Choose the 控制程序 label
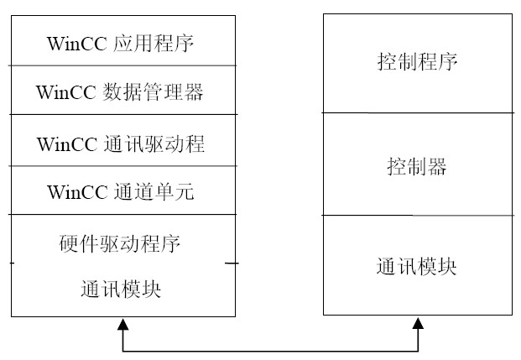point(417,62)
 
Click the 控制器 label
point(417,166)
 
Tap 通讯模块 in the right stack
point(417,267)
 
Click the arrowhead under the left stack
point(123,324)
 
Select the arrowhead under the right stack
point(419,324)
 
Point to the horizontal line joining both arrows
point(271,350)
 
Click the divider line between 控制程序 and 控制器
point(417,113)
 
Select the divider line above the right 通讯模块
point(417,216)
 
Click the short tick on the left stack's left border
point(12,263)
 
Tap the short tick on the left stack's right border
point(232,263)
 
